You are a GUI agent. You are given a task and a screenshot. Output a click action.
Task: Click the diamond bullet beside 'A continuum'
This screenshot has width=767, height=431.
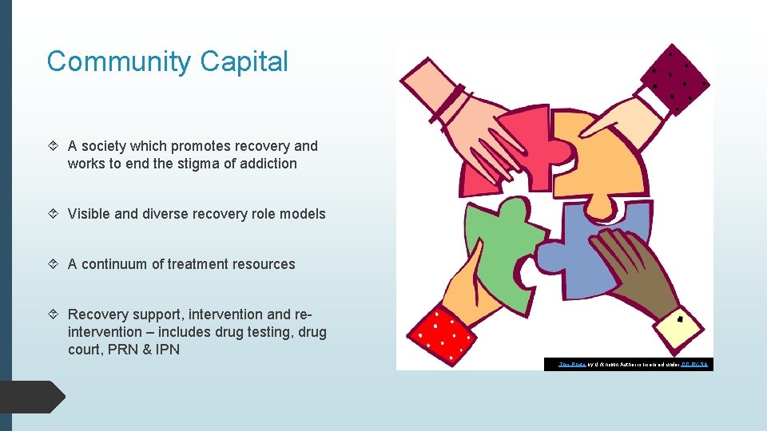click(x=53, y=264)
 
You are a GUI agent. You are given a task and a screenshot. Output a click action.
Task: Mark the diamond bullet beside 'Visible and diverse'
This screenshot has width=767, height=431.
click(x=53, y=214)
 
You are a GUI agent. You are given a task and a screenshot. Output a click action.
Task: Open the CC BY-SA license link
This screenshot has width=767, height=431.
click(x=694, y=364)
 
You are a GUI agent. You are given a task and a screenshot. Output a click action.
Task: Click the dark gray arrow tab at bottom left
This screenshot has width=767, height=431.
click(x=32, y=397)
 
